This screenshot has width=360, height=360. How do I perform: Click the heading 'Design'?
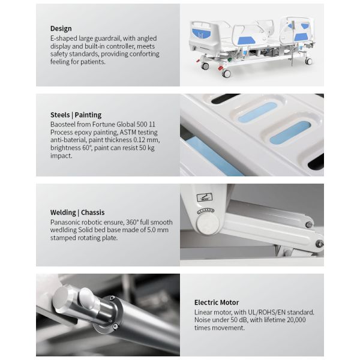pos(61,28)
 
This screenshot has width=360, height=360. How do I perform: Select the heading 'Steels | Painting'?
pos(76,115)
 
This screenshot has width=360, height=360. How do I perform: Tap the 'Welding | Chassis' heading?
pos(77,212)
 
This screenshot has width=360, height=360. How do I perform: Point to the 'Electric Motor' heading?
pos(216,302)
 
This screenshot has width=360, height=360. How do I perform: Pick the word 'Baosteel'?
pos(64,124)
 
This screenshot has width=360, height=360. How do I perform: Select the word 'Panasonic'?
pos(65,221)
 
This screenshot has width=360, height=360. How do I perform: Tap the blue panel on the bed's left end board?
pos(199,29)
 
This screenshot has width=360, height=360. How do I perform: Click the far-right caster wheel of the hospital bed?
pos(308,61)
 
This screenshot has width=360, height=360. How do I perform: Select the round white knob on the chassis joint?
pos(208,224)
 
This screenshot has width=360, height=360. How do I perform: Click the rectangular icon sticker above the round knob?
pos(205,197)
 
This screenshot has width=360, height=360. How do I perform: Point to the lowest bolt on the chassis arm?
pos(319,244)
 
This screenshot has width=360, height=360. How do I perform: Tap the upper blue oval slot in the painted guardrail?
pos(257,112)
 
